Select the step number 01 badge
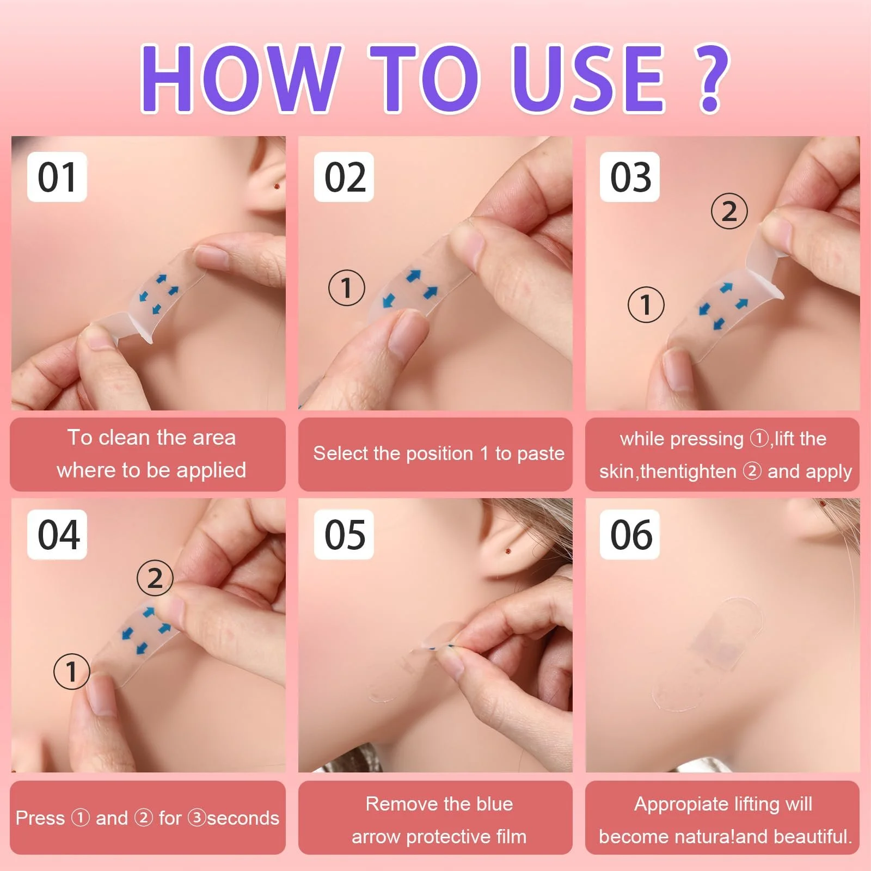[x=57, y=177]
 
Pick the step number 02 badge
[x=344, y=177]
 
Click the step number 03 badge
[x=630, y=177]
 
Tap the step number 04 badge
[x=57, y=535]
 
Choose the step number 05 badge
[x=344, y=535]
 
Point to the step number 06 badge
[x=630, y=535]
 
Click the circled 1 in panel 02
[x=347, y=287]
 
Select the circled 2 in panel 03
[x=729, y=211]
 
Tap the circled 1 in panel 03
[x=646, y=304]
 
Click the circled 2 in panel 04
[x=155, y=578]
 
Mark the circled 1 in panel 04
[x=72, y=671]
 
